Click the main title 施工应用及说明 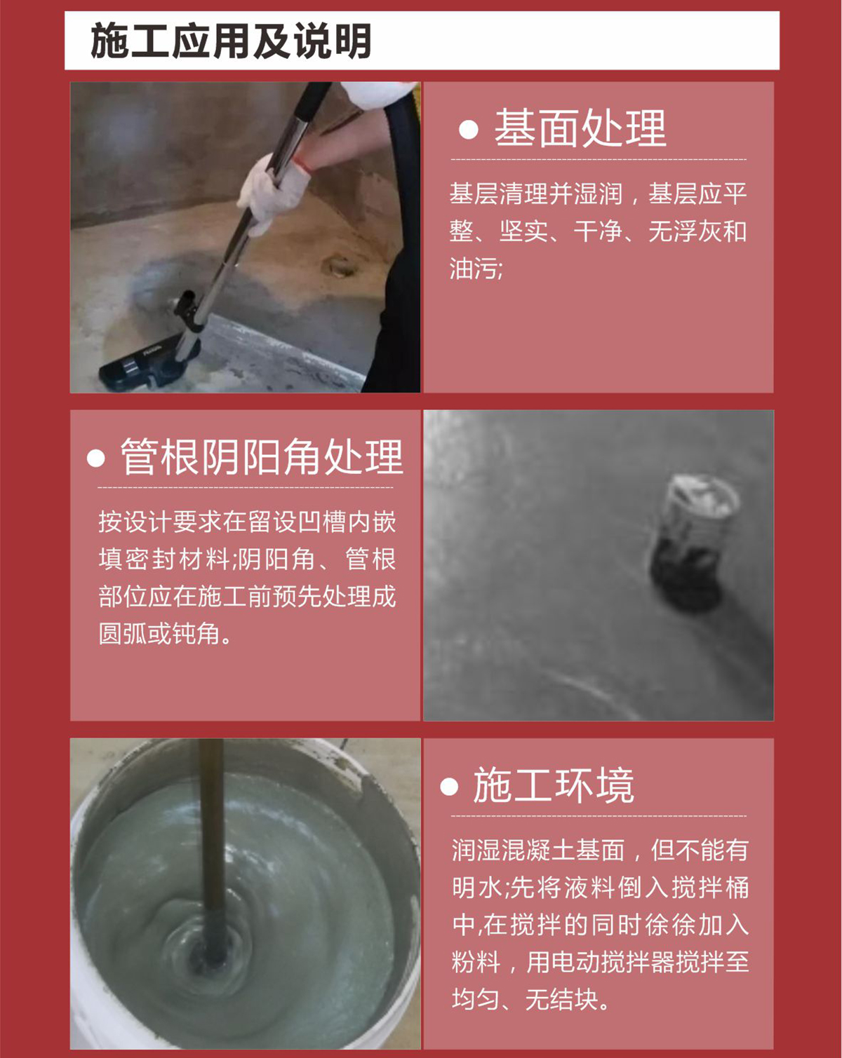coord(231,41)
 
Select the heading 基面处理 coord(581,128)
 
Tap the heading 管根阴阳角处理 coord(262,456)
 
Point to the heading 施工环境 coord(554,785)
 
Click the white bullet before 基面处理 coord(469,130)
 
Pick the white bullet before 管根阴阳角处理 coord(96,459)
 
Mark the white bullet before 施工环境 coord(449,786)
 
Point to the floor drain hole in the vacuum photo coord(339,267)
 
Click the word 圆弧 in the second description coord(123,634)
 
